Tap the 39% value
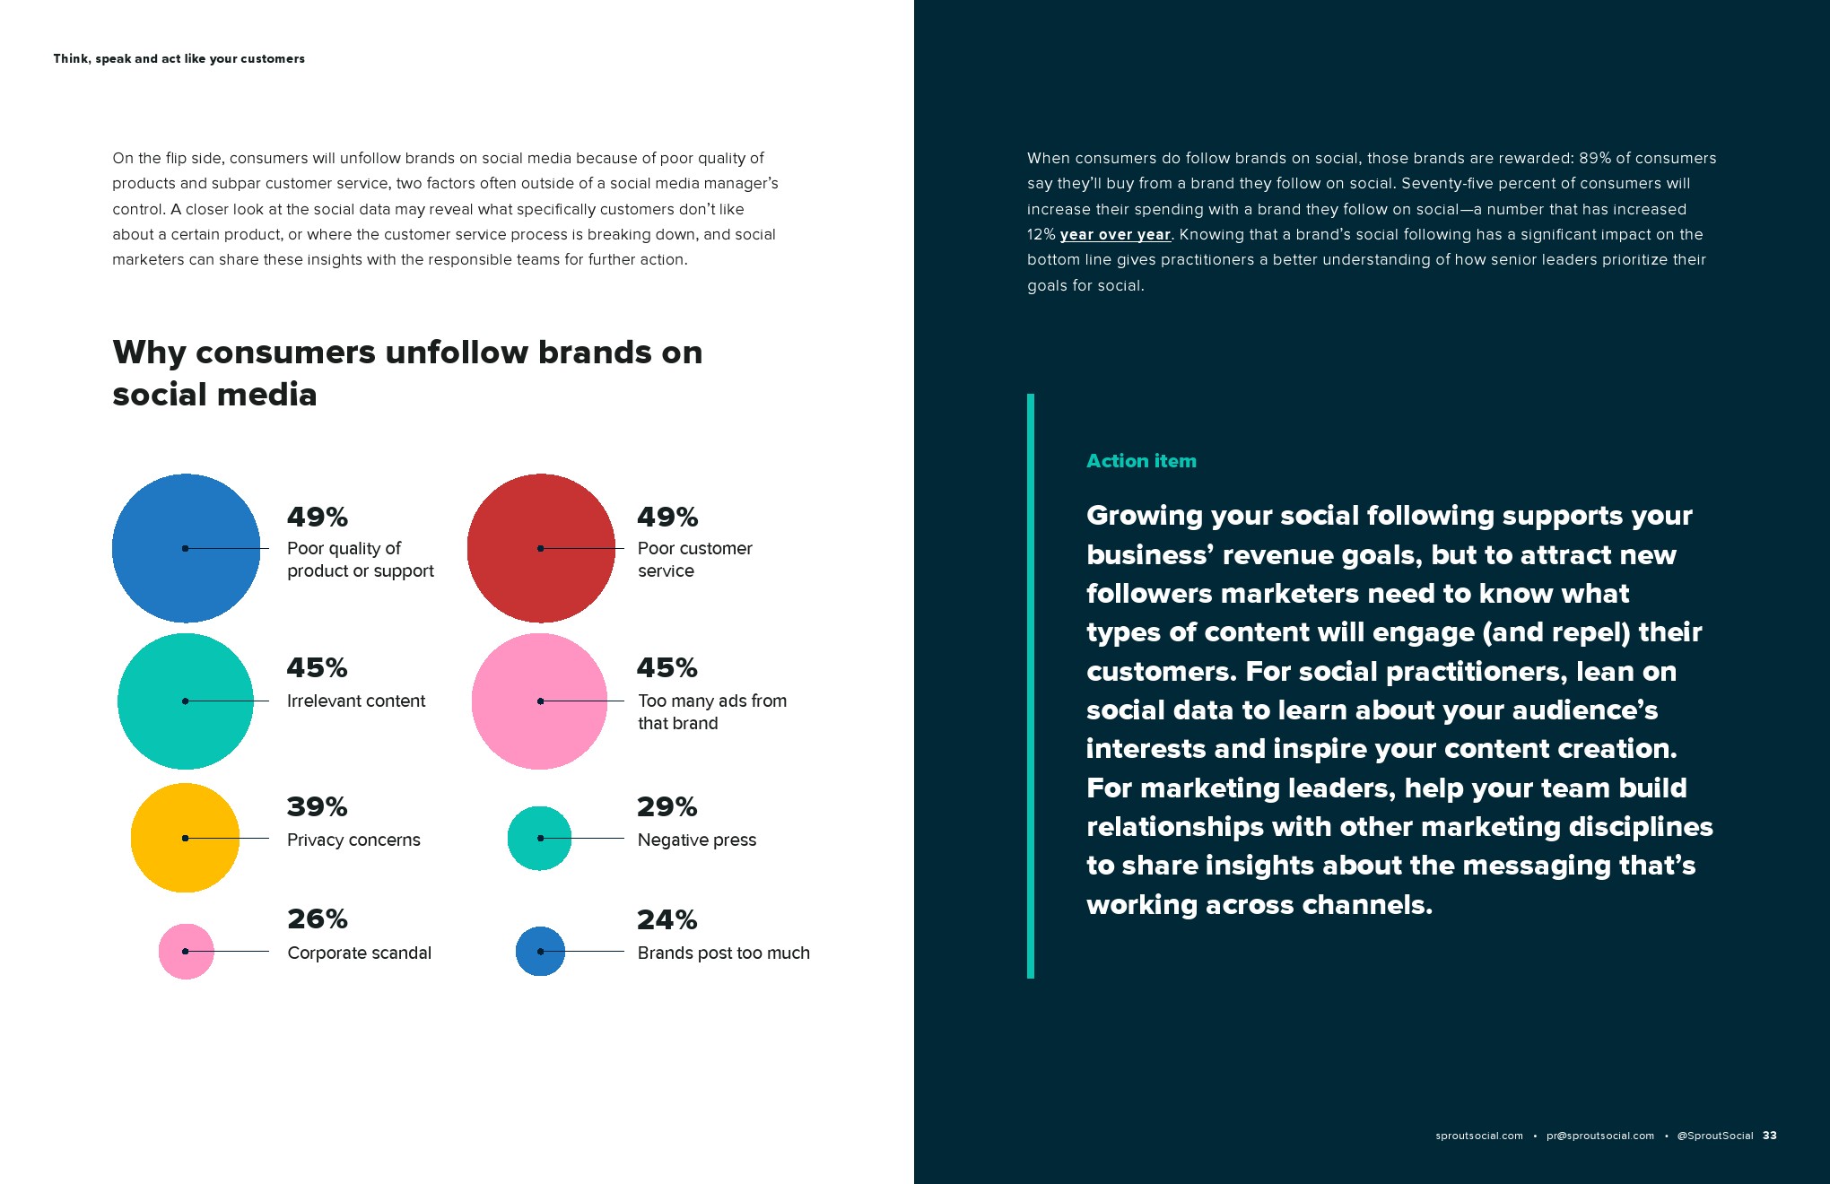317,806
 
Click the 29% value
667,806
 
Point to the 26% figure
317,918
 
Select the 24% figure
667,919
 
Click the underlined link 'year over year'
1115,235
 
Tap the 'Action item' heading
1141,461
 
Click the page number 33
1769,1136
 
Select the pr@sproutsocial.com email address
1600,1136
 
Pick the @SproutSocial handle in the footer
1714,1136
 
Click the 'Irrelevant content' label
356,701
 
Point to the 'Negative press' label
697,840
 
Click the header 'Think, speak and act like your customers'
179,59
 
